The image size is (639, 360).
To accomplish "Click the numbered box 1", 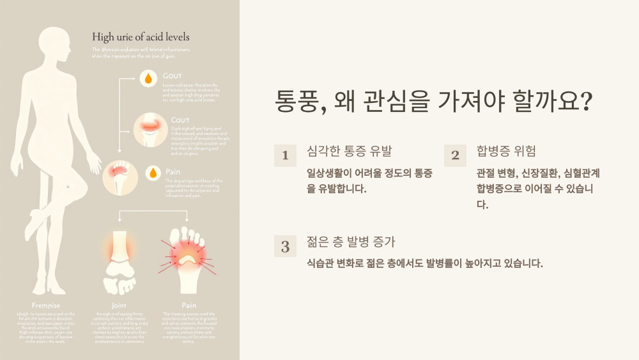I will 285,155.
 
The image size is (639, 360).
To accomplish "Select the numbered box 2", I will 455,155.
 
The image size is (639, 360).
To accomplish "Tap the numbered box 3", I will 285,246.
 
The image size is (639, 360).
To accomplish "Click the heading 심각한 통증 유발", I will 350,152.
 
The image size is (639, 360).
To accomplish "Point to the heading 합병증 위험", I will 506,152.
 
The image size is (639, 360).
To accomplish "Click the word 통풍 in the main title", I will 296,102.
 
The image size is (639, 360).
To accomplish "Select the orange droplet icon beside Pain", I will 153,173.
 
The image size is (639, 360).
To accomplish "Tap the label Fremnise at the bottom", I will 46,305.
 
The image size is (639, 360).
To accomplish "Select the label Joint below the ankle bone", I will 119,305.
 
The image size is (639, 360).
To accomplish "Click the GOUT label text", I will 173,76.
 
